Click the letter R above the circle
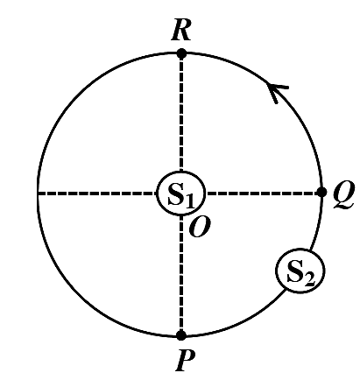coord(181,30)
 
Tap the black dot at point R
coord(181,53)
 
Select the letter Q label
coord(343,194)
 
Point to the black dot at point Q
coord(321,192)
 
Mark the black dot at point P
coord(181,335)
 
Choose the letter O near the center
coord(200,228)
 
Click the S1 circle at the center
coord(181,194)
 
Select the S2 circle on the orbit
coord(300,271)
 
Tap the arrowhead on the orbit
coord(278,92)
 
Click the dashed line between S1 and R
coord(181,115)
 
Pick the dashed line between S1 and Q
coord(262,193)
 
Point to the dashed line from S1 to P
coord(181,273)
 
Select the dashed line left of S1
coord(97,194)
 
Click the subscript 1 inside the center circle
coord(190,201)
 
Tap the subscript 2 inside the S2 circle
coord(310,279)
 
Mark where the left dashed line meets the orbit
coord(39,194)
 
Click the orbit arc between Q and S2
coord(317,223)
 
